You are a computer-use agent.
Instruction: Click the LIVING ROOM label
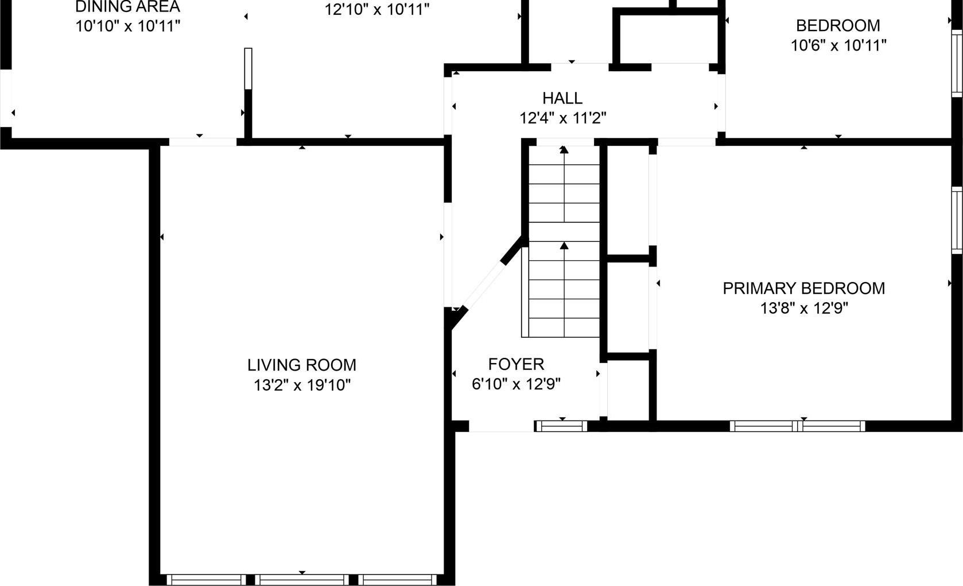[x=302, y=365]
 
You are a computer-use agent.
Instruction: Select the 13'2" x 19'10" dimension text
[x=302, y=385]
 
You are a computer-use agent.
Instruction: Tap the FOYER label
[x=516, y=364]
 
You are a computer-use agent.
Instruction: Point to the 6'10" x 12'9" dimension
[x=516, y=384]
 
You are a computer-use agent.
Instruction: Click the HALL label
[x=562, y=98]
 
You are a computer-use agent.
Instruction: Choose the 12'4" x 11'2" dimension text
[x=562, y=118]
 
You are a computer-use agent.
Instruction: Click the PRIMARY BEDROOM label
[x=803, y=288]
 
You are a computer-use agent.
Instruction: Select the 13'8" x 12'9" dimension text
[x=803, y=309]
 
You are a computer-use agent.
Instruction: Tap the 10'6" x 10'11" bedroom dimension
[x=838, y=45]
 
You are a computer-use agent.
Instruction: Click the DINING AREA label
[x=127, y=7]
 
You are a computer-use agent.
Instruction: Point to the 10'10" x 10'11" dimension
[x=127, y=26]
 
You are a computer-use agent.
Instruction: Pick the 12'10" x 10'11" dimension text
[x=377, y=10]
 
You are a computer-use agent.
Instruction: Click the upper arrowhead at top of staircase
[x=564, y=150]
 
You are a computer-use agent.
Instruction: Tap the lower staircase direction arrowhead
[x=564, y=246]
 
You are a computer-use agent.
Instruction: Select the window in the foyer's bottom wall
[x=561, y=426]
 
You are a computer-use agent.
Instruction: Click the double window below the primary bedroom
[x=797, y=426]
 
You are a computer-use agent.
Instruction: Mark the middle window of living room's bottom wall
[x=301, y=580]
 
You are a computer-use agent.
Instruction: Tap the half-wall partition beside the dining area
[x=248, y=69]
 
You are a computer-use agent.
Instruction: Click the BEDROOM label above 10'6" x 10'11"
[x=838, y=26]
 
